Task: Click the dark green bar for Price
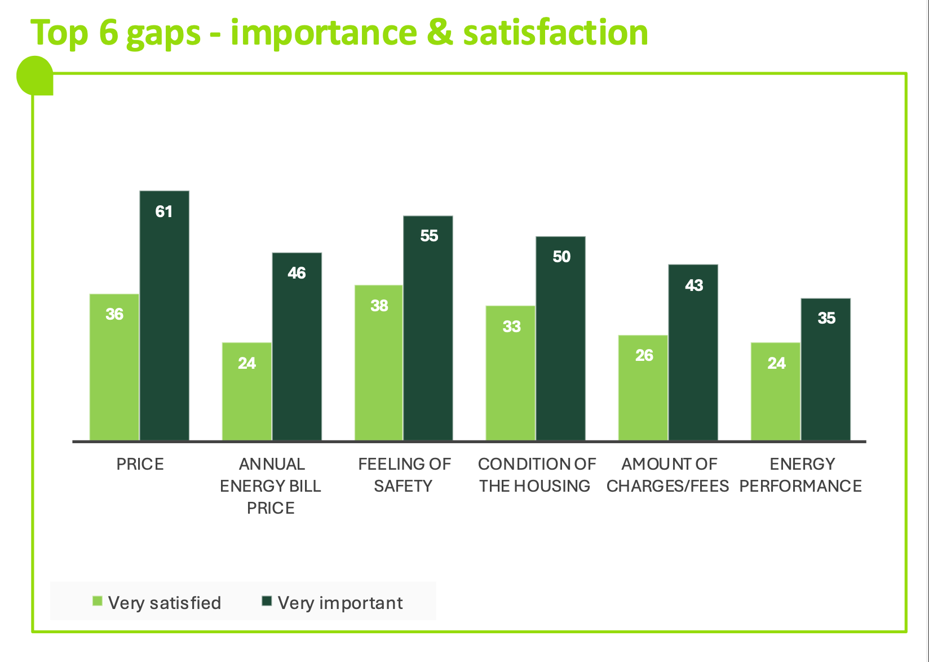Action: pos(164,316)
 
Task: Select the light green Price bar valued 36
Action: pos(114,367)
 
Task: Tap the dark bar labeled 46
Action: pos(297,347)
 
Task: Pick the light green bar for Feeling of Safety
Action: pos(379,363)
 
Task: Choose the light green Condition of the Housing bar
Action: pos(511,373)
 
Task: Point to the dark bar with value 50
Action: pos(561,338)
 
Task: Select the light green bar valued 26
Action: pos(643,387)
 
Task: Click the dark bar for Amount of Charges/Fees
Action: pos(693,352)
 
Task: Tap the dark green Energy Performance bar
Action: pos(826,369)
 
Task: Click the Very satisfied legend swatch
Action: pos(98,602)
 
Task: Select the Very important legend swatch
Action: pos(267,602)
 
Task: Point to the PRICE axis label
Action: pos(140,464)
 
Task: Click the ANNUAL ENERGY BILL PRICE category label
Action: pos(271,486)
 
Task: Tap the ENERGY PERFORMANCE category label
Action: pos(801,475)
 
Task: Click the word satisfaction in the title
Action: pos(555,32)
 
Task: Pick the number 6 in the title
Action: pos(108,32)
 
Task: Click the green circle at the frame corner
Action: pos(34,75)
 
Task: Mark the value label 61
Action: pos(164,211)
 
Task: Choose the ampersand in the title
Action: pos(440,32)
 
